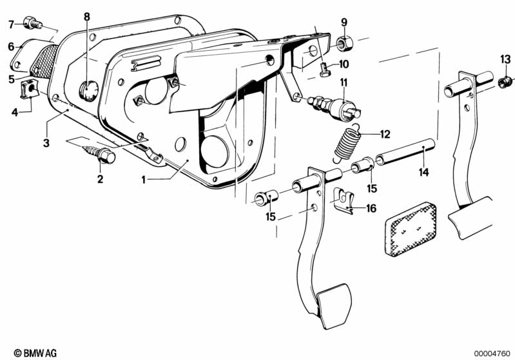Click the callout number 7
point(12,24)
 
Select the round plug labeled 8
point(89,91)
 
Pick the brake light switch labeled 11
point(335,106)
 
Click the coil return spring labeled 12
point(347,143)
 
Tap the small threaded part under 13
point(505,82)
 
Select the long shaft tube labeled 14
point(405,151)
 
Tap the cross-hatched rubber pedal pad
point(411,229)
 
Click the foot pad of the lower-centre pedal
point(335,305)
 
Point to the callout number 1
point(144,180)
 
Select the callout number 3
point(46,143)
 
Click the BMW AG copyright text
point(35,353)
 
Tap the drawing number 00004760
point(492,354)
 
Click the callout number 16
point(371,209)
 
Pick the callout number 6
point(12,46)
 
